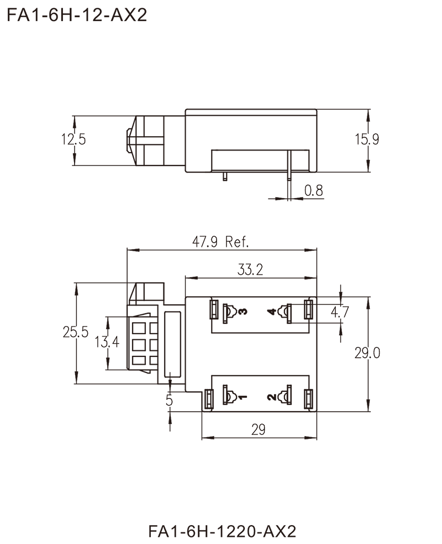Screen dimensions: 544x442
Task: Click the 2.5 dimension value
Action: coord(76,141)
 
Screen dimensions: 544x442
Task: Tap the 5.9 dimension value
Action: coord(369,141)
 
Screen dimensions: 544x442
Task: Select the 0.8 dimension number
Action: coord(313,191)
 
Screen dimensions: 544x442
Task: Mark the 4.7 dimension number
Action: coord(338,314)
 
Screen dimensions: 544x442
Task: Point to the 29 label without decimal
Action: coord(258,429)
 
